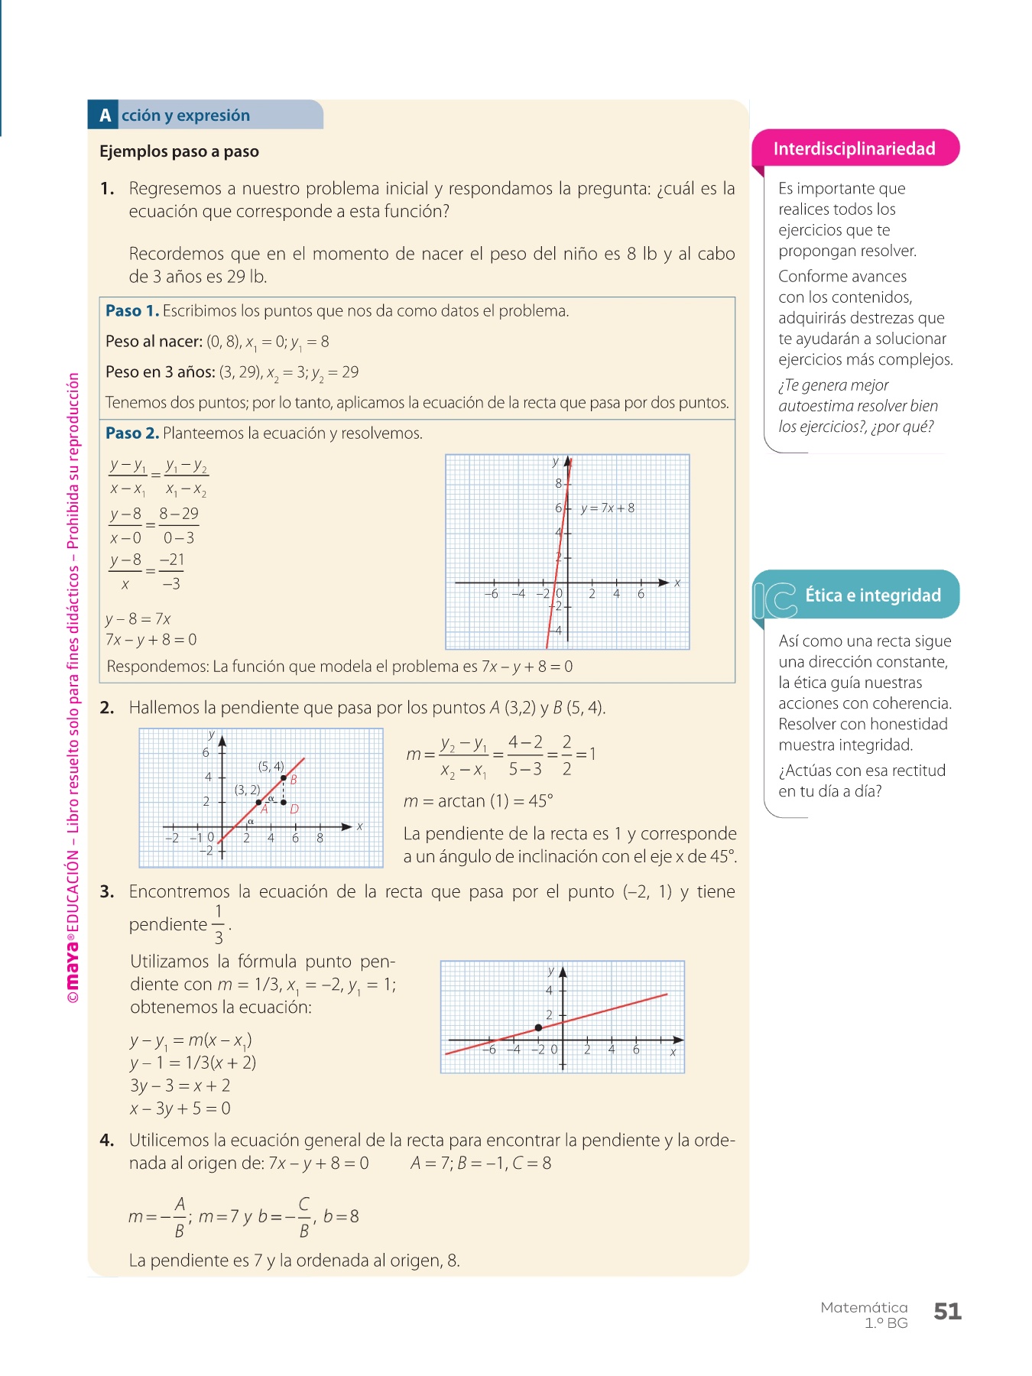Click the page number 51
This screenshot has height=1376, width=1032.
(x=947, y=1312)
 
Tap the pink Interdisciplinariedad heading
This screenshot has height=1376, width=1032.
(x=854, y=148)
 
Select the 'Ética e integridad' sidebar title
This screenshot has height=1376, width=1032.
(x=872, y=596)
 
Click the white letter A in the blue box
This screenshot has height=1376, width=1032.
(x=105, y=115)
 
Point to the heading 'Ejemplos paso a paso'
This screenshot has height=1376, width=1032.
(x=179, y=151)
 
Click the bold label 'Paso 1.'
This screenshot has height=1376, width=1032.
(x=132, y=311)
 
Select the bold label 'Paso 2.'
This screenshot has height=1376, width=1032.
(x=132, y=433)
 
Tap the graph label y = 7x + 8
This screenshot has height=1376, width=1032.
(x=607, y=508)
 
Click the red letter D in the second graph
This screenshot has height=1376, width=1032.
(x=294, y=809)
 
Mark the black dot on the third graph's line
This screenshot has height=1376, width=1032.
(x=538, y=1027)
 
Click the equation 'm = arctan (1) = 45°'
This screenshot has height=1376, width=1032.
(x=478, y=801)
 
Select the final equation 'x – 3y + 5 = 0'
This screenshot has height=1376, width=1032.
(x=180, y=1108)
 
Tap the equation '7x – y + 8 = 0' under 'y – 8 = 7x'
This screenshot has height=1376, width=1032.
(x=151, y=640)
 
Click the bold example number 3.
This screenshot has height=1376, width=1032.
(x=107, y=892)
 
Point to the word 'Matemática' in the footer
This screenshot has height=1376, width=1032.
(x=864, y=1308)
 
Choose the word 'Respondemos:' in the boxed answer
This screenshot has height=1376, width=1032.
(x=157, y=667)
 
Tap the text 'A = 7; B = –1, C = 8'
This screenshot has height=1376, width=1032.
(x=480, y=1163)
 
